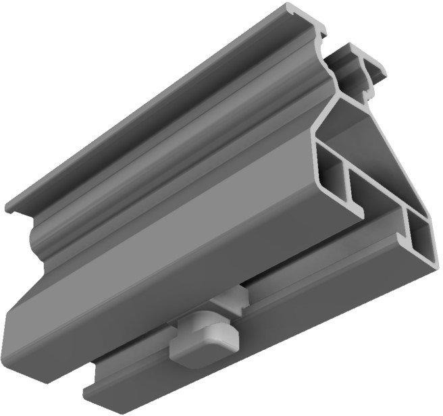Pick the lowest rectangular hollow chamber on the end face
tap(419, 240)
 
